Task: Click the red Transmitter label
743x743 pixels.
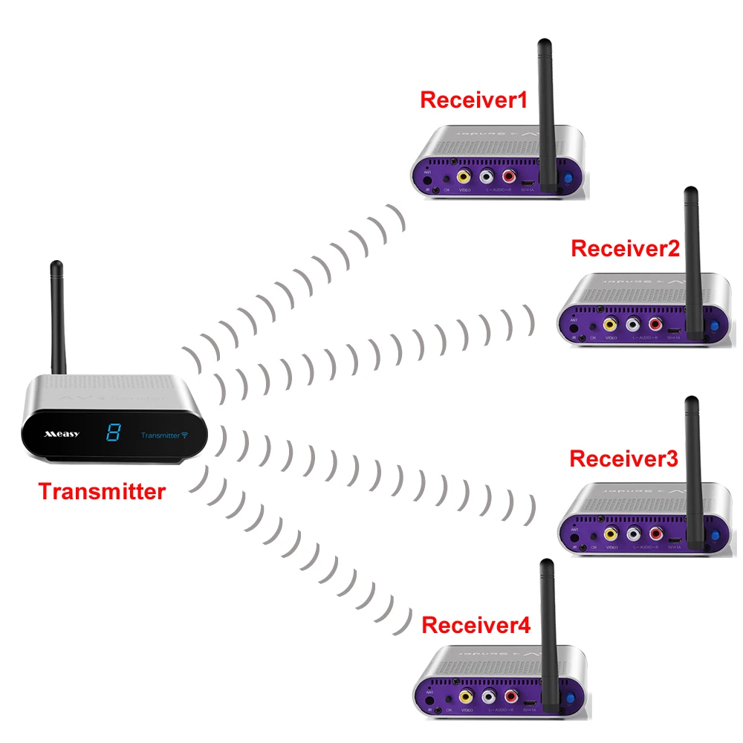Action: pyautogui.click(x=102, y=491)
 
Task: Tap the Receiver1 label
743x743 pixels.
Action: pyautogui.click(x=473, y=100)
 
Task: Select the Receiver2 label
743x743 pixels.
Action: pyautogui.click(x=625, y=248)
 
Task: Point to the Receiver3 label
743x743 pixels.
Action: pyautogui.click(x=623, y=458)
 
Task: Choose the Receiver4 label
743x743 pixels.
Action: pyautogui.click(x=476, y=626)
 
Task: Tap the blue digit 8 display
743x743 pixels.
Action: pyautogui.click(x=113, y=432)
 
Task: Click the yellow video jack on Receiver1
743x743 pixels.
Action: pyautogui.click(x=463, y=178)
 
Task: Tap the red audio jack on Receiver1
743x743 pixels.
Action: pyautogui.click(x=509, y=178)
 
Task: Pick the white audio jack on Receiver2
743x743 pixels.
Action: pyautogui.click(x=633, y=324)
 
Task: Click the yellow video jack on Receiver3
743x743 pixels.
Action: pyautogui.click(x=610, y=533)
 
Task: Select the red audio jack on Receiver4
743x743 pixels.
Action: pyautogui.click(x=510, y=697)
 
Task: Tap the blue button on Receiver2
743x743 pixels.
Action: pyautogui.click(x=714, y=325)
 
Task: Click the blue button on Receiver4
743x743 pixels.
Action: pyautogui.click(x=571, y=698)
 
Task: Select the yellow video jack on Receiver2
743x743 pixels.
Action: pyautogui.click(x=609, y=324)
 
